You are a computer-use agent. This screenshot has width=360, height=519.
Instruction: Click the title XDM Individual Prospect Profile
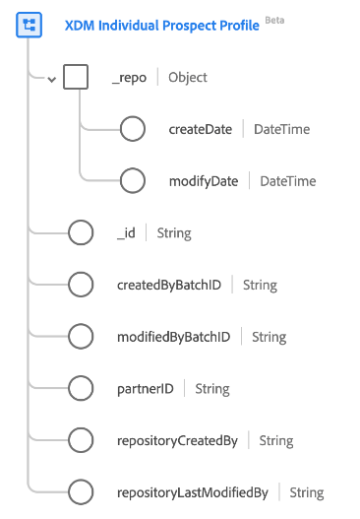pyautogui.click(x=162, y=25)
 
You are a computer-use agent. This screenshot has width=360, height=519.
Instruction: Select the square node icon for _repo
pyautogui.click(x=77, y=77)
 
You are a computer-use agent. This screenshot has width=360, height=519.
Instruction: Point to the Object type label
pyautogui.click(x=188, y=77)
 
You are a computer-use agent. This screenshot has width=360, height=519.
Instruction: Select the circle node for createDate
pyautogui.click(x=133, y=129)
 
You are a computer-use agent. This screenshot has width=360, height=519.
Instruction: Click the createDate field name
pyautogui.click(x=201, y=129)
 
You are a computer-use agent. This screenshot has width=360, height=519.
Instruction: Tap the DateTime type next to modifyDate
pyautogui.click(x=287, y=181)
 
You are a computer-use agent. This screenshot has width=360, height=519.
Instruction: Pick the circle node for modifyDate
pyautogui.click(x=133, y=181)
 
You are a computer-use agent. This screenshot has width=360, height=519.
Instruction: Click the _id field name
pyautogui.click(x=126, y=233)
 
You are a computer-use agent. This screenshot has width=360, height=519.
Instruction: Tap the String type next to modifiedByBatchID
pyautogui.click(x=269, y=337)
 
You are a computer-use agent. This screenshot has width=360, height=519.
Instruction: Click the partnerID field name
pyautogui.click(x=146, y=389)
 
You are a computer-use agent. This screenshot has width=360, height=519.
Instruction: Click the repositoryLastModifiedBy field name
pyautogui.click(x=192, y=492)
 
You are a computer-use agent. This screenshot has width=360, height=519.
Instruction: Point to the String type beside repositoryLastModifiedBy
pyautogui.click(x=307, y=492)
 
